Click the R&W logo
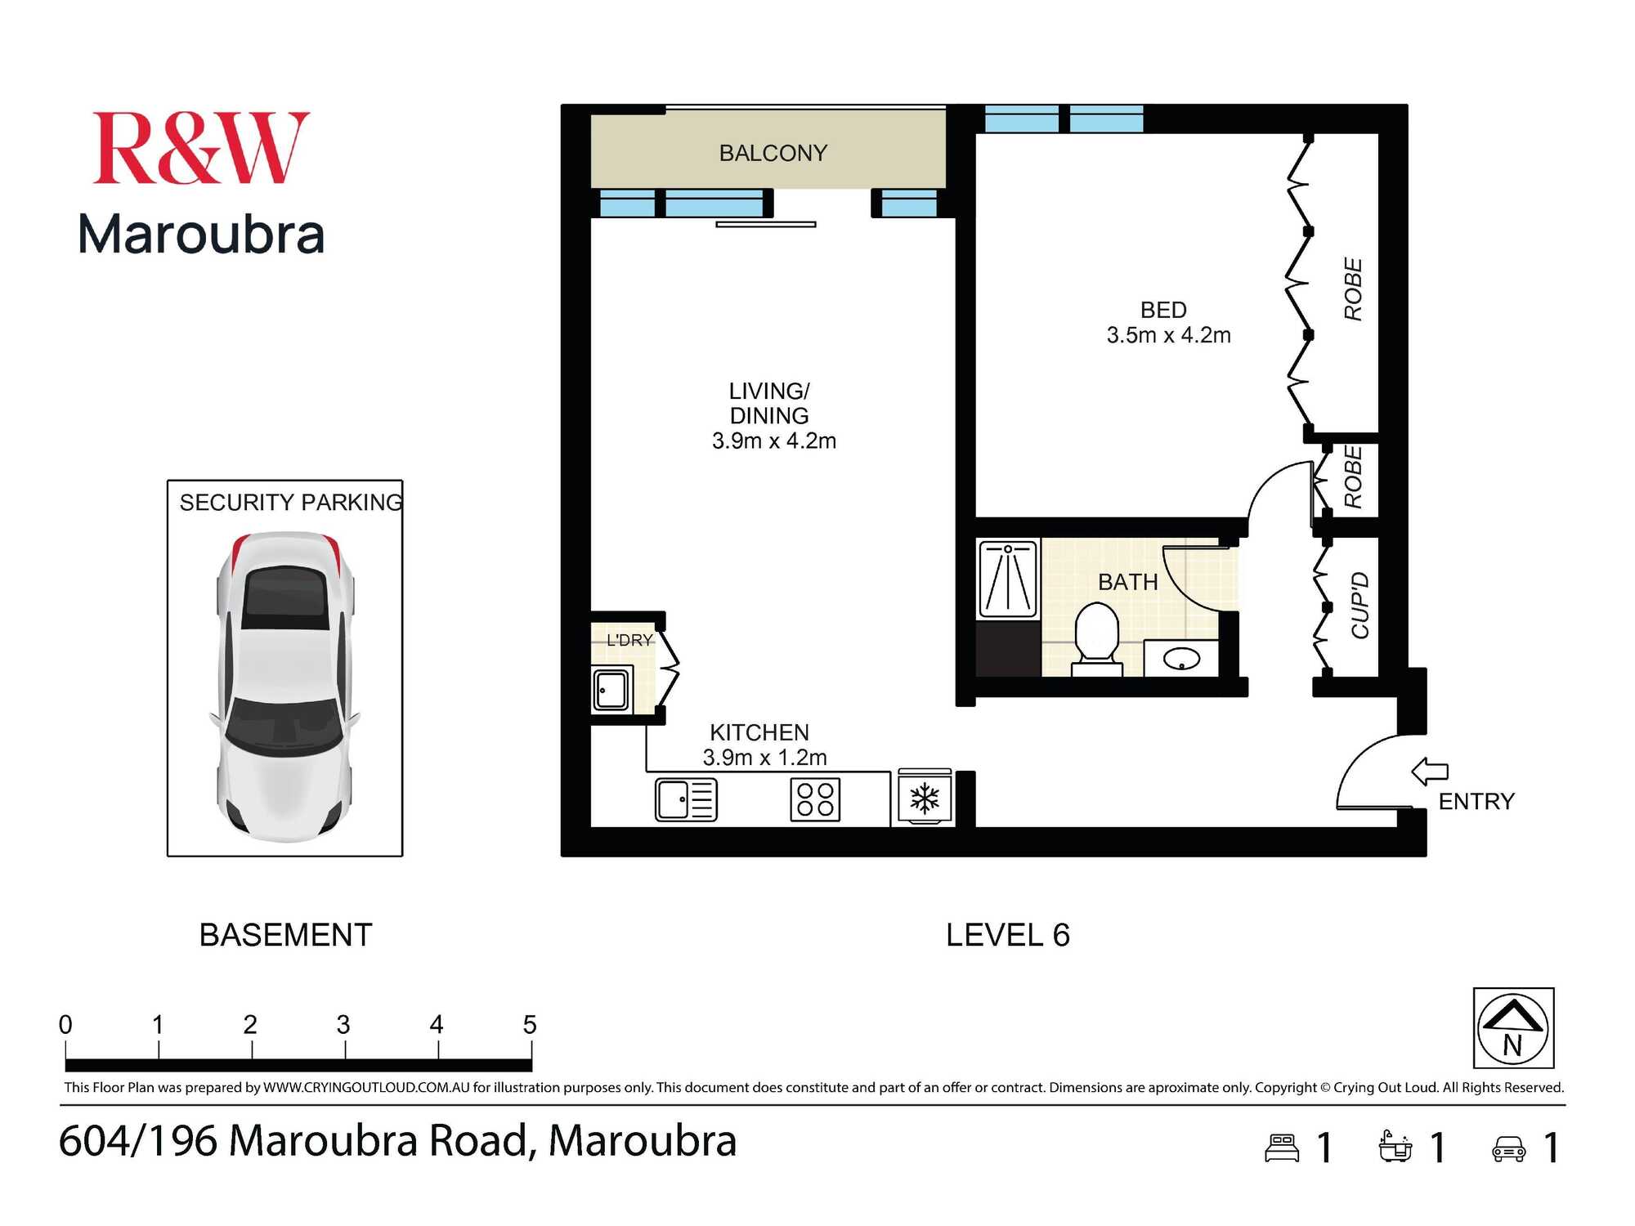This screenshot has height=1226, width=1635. pyautogui.click(x=201, y=148)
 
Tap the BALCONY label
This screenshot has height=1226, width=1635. pyautogui.click(x=773, y=153)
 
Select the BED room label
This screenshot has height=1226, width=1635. pyautogui.click(x=1162, y=310)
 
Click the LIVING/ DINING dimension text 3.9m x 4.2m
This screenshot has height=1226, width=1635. pyautogui.click(x=773, y=441)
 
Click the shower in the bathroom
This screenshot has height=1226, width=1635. pyautogui.click(x=1009, y=579)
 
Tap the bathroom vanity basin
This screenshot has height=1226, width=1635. pyautogui.click(x=1180, y=658)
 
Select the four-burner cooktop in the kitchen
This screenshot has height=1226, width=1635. pyautogui.click(x=815, y=799)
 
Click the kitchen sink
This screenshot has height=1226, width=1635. pyautogui.click(x=686, y=799)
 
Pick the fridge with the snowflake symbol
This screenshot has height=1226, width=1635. pyautogui.click(x=925, y=798)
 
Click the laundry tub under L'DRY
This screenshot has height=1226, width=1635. pyautogui.click(x=611, y=690)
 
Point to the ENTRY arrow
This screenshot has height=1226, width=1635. pyautogui.click(x=1430, y=771)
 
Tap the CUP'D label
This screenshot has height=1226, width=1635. pyautogui.click(x=1360, y=606)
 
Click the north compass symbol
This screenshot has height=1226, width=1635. pyautogui.click(x=1513, y=1028)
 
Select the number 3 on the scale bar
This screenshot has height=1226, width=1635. pyautogui.click(x=343, y=1024)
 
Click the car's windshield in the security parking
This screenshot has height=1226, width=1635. pyautogui.click(x=283, y=726)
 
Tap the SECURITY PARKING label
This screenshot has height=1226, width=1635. pyautogui.click(x=291, y=502)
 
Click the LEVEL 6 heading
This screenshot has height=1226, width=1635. pyautogui.click(x=1007, y=935)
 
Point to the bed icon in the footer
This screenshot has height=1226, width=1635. pyautogui.click(x=1281, y=1148)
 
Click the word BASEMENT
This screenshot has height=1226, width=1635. pyautogui.click(x=285, y=935)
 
